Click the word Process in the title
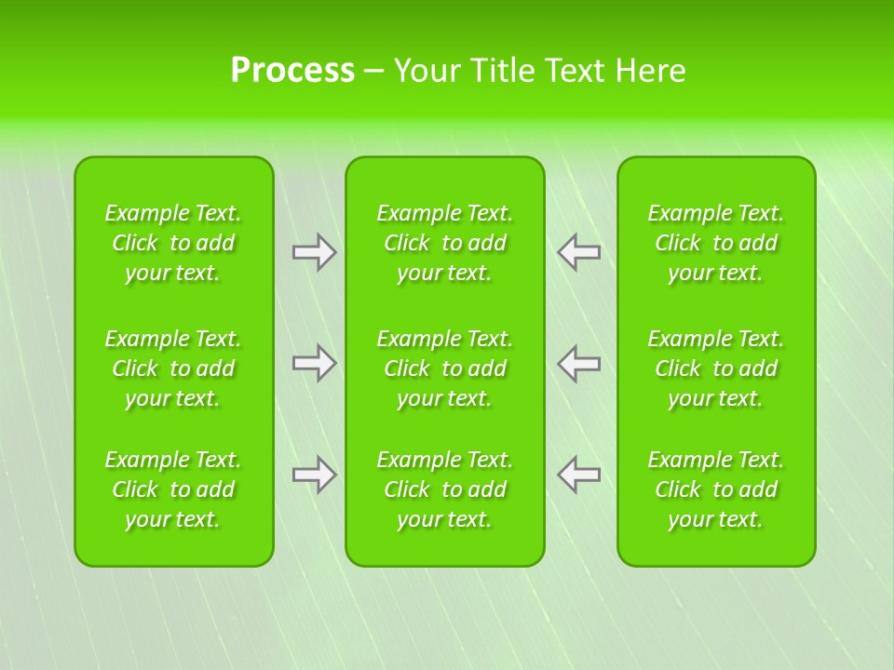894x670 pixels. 292,71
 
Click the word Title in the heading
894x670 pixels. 498,71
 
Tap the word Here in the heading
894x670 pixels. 650,71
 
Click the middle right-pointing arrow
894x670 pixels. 315,363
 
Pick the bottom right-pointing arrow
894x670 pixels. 315,475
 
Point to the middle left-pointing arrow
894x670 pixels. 579,363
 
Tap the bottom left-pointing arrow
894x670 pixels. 579,475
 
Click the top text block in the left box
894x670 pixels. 173,243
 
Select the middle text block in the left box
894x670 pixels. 173,368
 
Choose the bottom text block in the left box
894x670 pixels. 173,489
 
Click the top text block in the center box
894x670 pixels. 445,243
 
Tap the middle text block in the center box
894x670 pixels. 445,368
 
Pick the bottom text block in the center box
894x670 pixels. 445,489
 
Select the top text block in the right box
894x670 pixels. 716,243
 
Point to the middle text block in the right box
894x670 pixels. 716,368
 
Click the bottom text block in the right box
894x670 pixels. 716,489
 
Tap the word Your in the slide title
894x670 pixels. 427,71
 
